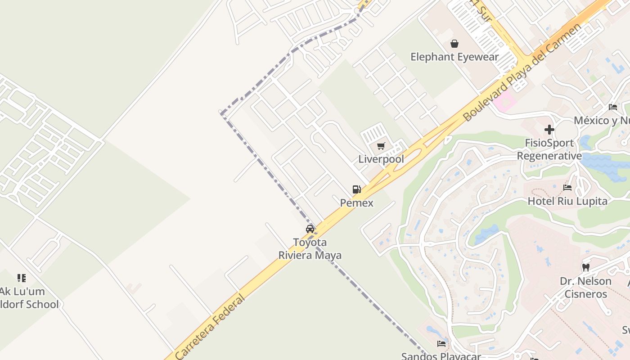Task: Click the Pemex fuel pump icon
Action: [x=356, y=189]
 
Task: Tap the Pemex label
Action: [x=356, y=203]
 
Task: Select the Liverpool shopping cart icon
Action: [x=381, y=146]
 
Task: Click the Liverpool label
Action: [x=381, y=159]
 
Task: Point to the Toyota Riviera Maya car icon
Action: [x=310, y=229]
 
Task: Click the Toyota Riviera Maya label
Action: [x=310, y=249]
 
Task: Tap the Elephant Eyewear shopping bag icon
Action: [x=454, y=44]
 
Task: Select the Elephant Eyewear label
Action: [x=454, y=57]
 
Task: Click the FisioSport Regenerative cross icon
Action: [x=549, y=130]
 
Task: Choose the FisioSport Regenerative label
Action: [x=549, y=149]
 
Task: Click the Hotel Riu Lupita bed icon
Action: [x=567, y=188]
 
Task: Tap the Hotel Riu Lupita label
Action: [x=567, y=201]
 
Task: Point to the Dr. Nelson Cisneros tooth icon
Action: [x=585, y=267]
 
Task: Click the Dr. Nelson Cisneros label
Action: [x=585, y=288]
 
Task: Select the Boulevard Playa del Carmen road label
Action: [x=522, y=72]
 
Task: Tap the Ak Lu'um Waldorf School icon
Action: [x=22, y=278]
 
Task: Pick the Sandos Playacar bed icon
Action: [x=441, y=344]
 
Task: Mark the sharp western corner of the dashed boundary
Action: [x=221, y=112]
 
